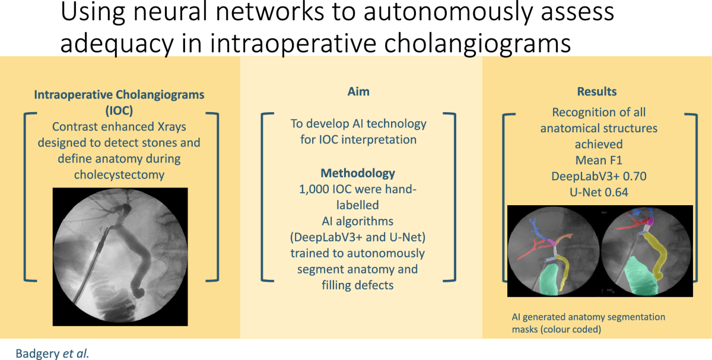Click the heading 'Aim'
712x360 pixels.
(x=358, y=91)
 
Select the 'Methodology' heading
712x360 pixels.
(x=358, y=173)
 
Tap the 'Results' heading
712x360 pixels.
(x=597, y=91)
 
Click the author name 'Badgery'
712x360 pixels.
(x=37, y=353)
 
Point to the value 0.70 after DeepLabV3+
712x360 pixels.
(x=634, y=176)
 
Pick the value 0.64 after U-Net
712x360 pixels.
(x=616, y=192)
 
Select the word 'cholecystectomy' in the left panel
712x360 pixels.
(x=119, y=175)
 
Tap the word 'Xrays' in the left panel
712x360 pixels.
(x=171, y=127)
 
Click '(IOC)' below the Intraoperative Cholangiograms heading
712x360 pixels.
(x=119, y=110)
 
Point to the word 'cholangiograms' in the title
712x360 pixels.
(x=477, y=43)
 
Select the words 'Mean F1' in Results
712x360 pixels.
(x=599, y=161)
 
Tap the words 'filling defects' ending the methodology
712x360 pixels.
(x=358, y=285)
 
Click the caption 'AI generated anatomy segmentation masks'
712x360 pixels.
(x=589, y=323)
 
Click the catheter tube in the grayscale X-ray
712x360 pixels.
(x=93, y=264)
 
